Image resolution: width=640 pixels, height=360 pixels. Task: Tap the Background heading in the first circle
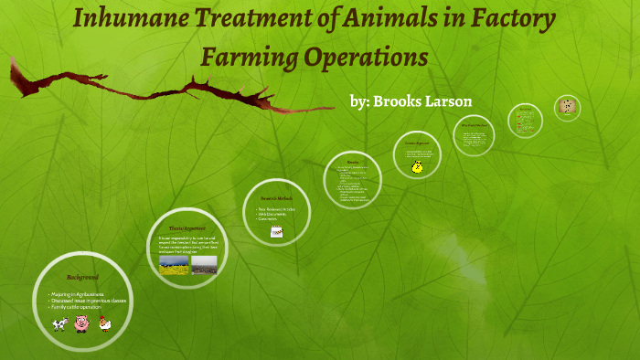click(82, 276)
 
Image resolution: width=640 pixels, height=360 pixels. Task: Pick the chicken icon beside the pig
click(104, 323)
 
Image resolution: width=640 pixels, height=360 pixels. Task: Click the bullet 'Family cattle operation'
click(79, 308)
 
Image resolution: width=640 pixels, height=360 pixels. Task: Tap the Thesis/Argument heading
click(187, 228)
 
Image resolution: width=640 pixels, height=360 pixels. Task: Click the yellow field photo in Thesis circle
click(175, 264)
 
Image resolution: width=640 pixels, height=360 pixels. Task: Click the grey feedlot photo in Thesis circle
click(205, 264)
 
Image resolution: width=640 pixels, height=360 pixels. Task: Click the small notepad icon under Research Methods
click(275, 232)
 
